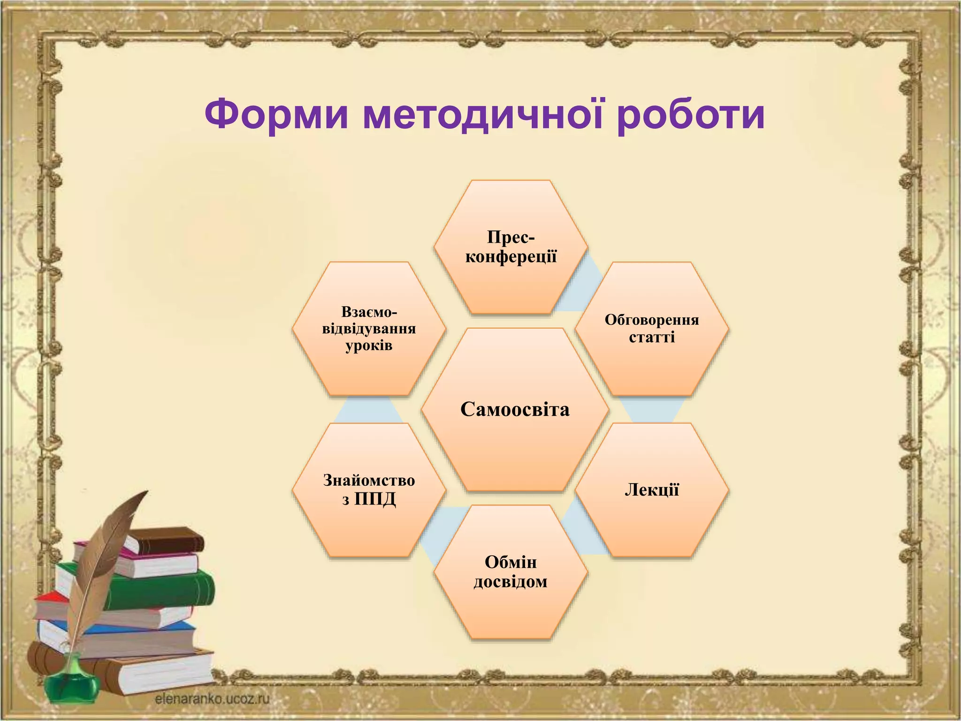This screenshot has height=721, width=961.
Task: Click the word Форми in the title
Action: click(x=276, y=115)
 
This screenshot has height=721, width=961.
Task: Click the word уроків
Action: click(x=369, y=346)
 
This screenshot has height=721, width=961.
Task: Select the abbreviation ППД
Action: click(x=375, y=499)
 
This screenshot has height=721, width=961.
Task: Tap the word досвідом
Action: click(x=511, y=582)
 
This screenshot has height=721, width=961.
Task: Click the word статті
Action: click(x=652, y=337)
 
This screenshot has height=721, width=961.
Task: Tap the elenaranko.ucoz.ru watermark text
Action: click(x=212, y=699)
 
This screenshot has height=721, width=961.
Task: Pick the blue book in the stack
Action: click(x=141, y=629)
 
